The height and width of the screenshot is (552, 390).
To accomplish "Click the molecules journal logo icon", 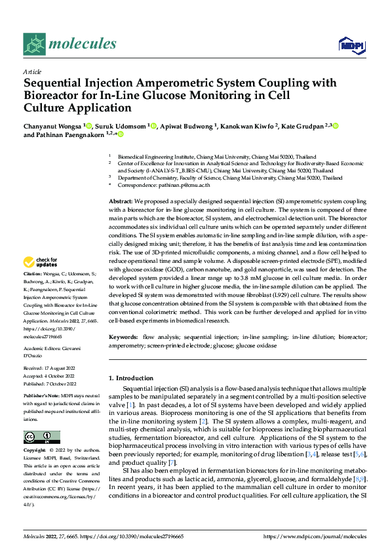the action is pos(37,43).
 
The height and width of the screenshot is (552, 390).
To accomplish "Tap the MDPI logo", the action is pos(350,45).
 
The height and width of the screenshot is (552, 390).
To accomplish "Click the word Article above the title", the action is pos(33,71).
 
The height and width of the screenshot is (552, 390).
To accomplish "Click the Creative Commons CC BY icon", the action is pos(41,437).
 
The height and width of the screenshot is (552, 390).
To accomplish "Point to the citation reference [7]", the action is pos(172,463).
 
